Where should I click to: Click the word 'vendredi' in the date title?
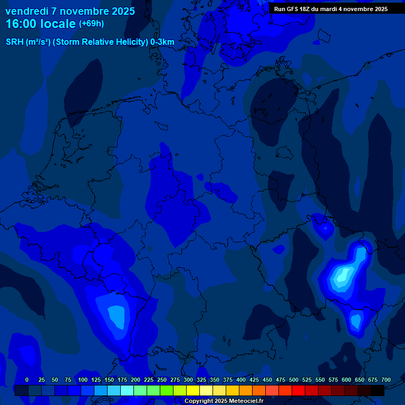click(x=26, y=11)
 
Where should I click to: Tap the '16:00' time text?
click(x=22, y=24)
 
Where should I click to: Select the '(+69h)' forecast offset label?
click(x=91, y=24)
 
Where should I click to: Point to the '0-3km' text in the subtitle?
click(x=162, y=42)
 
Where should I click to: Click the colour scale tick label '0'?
click(x=27, y=380)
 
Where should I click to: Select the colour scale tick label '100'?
click(x=83, y=380)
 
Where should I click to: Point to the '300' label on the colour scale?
click(x=188, y=380)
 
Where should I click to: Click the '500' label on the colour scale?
click(x=294, y=380)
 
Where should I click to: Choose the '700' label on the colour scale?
click(x=386, y=380)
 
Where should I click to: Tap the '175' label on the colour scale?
click(x=122, y=380)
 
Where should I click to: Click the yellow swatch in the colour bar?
click(x=192, y=390)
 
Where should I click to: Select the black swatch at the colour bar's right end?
click(x=377, y=390)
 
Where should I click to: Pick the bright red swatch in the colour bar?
click(x=298, y=390)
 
